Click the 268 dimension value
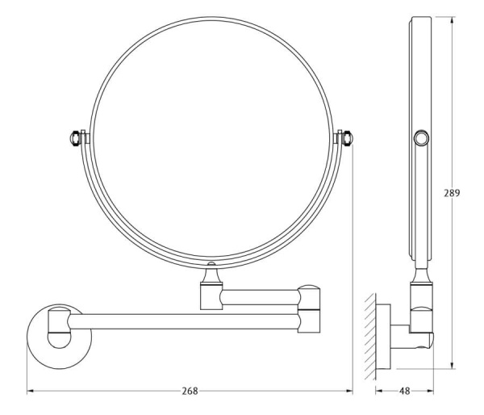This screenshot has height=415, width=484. click(190, 392)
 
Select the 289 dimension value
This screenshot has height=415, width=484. click(452, 193)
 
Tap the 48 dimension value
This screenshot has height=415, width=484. click(404, 392)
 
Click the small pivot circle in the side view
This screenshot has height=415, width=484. click(421, 138)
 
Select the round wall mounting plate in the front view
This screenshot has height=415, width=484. click(59, 336)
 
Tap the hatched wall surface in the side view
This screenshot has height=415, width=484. click(370, 336)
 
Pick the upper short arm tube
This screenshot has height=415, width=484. click(260, 297)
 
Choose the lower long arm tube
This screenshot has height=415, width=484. click(184, 321)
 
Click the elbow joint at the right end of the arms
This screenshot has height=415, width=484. click(309, 309)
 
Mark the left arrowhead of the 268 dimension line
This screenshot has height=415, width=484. click(30, 392)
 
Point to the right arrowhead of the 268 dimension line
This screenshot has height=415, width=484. click(350, 392)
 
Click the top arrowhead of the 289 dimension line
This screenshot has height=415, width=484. click(453, 19)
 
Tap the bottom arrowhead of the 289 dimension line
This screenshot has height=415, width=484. click(453, 366)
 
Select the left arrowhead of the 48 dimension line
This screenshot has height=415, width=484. click(379, 392)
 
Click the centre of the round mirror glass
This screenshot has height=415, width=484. click(211, 138)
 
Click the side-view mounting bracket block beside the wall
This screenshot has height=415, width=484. click(383, 337)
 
